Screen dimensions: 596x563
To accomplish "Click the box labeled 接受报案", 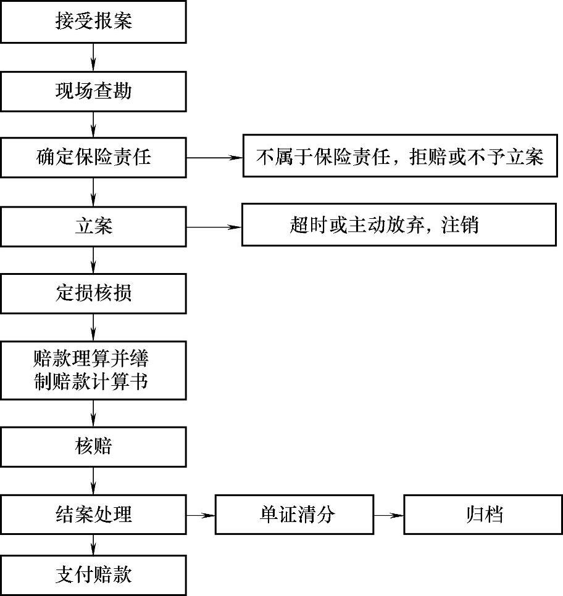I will coord(93,22).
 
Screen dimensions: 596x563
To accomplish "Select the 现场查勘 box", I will coord(93,92).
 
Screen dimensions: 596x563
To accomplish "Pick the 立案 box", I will coord(93,227).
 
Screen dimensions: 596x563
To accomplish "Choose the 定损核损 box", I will coord(93,293).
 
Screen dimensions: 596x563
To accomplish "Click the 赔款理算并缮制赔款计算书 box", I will coord(93,369).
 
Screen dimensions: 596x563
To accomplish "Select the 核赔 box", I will coord(93,446).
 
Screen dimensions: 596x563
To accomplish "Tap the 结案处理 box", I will coord(93,514).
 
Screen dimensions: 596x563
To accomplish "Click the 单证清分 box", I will coord(294,514).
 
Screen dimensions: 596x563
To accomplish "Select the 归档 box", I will coord(483,514).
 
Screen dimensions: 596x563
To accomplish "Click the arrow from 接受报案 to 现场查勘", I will coord(93,57).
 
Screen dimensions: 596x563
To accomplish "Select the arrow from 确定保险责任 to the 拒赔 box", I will coord(214,157).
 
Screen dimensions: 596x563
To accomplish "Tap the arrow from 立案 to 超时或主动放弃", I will coord(214,227).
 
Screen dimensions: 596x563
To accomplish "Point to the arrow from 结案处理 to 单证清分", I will coord(200,515).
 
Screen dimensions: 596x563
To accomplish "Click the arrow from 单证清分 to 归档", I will coord(388,515).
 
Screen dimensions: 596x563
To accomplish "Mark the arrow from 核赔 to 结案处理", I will coord(93,480).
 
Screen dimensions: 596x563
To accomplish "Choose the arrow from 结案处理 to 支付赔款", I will coord(93,544).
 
